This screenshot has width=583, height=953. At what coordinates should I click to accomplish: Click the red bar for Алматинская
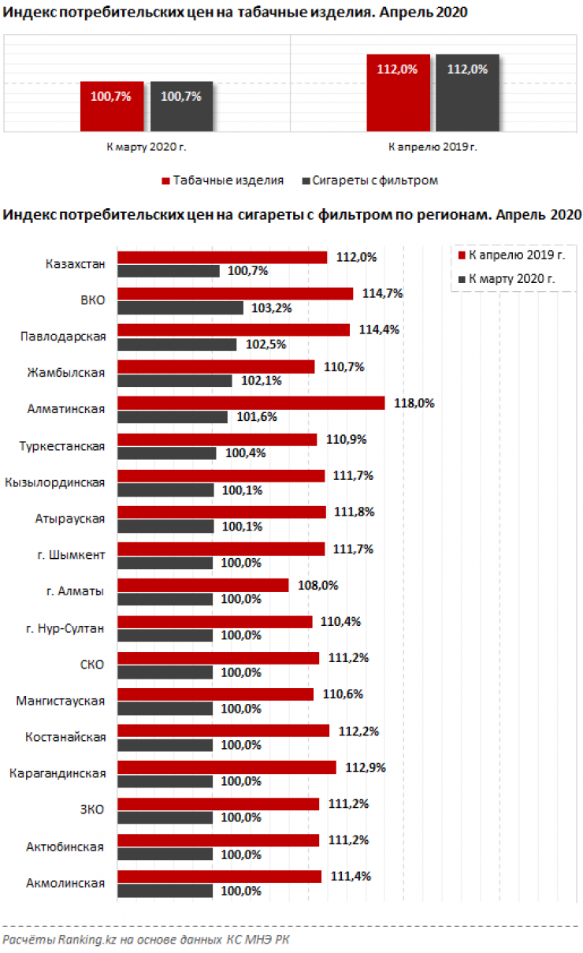click(251, 403)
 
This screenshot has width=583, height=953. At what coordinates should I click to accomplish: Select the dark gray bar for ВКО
click(180, 308)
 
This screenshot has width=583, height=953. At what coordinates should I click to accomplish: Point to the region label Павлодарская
click(63, 337)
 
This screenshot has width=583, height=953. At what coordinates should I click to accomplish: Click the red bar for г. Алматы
click(203, 585)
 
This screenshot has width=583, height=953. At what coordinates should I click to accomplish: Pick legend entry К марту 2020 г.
click(512, 278)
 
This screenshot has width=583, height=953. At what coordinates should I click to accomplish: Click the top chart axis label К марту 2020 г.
click(147, 146)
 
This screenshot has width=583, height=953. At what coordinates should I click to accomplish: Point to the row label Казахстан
click(76, 263)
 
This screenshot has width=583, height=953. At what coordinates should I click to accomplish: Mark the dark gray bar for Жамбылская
click(175, 381)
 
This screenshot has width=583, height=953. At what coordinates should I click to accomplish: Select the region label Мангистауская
click(61, 700)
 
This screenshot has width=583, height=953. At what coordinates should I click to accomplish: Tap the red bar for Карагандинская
click(227, 767)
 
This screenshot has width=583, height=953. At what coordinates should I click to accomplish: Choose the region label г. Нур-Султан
click(66, 627)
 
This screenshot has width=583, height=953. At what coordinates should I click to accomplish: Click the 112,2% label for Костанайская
click(358, 731)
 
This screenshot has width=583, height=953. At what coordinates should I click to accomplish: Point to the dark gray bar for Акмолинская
click(165, 891)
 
